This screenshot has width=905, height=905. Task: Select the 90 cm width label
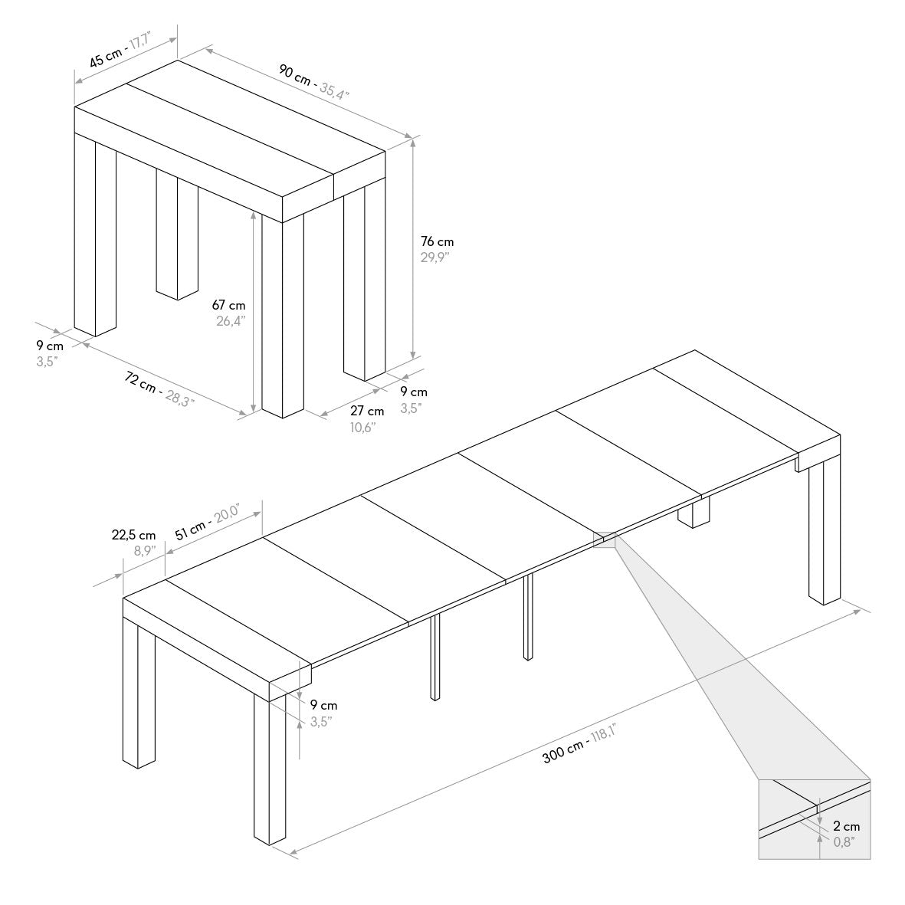294,75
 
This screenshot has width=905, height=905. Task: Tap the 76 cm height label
437,242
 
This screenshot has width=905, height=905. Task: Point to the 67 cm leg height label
228,305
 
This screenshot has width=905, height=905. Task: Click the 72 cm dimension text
140,382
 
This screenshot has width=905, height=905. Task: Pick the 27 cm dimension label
367,411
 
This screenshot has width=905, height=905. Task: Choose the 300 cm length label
562,752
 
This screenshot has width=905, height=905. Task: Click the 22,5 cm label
133,535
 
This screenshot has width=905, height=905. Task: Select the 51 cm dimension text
190,529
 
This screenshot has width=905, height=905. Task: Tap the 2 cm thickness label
846,827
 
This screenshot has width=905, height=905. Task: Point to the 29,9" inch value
434,257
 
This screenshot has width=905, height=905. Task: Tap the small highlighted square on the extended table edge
605,539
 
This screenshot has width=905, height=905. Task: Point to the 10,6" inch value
363,427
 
